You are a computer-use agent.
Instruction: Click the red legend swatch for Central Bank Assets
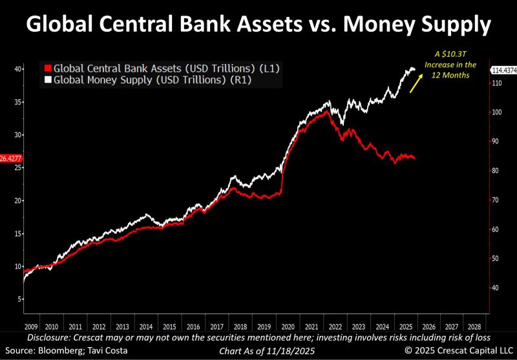point(48,68)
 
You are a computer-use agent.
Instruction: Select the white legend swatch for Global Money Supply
point(48,80)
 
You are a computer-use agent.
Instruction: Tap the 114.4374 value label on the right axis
point(503,70)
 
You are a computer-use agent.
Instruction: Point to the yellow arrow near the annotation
point(416,81)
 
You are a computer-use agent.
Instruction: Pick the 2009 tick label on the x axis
point(30,327)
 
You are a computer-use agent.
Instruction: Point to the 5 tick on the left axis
point(21,299)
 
